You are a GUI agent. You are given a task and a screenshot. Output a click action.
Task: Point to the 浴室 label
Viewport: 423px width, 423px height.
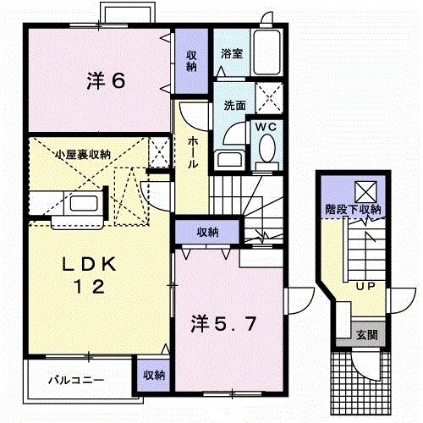(x=232, y=53)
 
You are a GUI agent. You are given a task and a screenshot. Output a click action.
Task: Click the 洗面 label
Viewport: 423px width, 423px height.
(x=234, y=107)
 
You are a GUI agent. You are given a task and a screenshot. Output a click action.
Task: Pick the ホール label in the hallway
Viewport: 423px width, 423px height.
(x=194, y=152)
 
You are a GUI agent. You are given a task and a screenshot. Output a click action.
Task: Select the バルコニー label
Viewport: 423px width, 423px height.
(x=75, y=379)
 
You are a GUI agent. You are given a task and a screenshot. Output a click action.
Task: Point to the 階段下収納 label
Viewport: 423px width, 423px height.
(x=353, y=209)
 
